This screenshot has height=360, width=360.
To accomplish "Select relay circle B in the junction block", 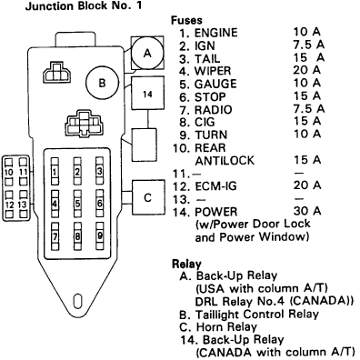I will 102,85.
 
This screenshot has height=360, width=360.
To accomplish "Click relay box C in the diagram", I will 147,195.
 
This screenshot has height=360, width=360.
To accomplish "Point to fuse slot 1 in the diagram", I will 56,171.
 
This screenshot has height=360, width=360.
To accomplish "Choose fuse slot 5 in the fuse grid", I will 78,205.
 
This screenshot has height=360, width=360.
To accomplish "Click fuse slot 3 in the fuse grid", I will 99,171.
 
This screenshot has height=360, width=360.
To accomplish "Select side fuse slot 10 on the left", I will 10,171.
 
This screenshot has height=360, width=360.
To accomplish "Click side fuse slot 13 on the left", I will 22,204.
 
